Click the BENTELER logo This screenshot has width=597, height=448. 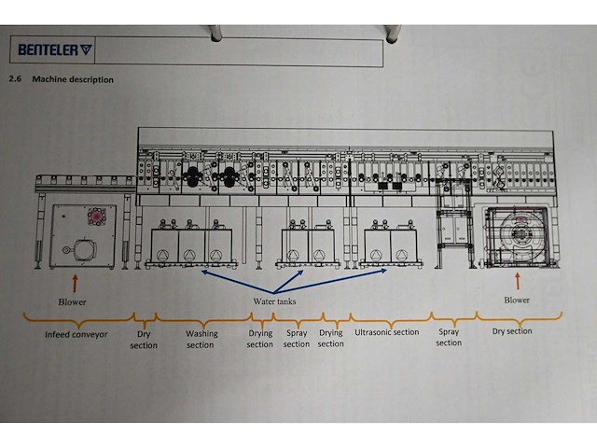(55, 49)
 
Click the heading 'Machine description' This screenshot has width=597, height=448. (73, 79)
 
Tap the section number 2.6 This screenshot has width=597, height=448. (15, 79)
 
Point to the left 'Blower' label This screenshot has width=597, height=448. (73, 302)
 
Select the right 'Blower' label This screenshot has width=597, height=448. (517, 301)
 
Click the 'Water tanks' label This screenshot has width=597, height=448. (274, 301)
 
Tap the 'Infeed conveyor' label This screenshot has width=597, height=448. (76, 334)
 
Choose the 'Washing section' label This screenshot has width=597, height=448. (201, 339)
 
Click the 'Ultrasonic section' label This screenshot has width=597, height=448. (387, 332)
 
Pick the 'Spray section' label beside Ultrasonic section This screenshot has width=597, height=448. (449, 337)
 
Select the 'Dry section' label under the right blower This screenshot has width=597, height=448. (512, 331)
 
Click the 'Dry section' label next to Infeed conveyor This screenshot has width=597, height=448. (144, 340)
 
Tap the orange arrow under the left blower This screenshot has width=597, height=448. (75, 284)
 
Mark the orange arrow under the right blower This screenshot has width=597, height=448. (518, 281)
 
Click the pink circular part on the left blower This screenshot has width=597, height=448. (97, 217)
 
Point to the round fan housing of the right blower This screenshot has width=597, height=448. (518, 232)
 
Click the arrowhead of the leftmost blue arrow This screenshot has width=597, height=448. (202, 272)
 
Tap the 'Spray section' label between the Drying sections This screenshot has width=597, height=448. (297, 338)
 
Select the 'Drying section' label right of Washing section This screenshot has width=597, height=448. (260, 339)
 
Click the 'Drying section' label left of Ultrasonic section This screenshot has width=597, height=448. (331, 338)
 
